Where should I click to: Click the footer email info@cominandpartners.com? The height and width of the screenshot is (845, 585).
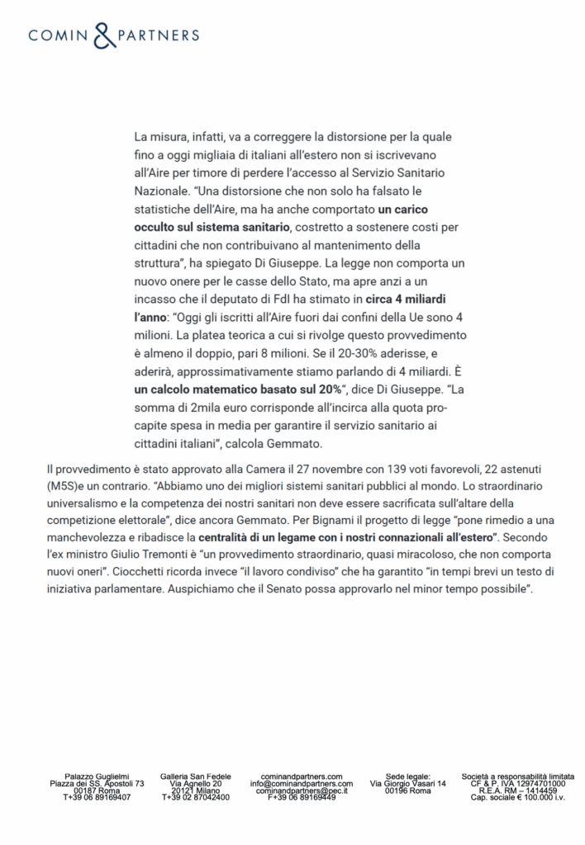302,783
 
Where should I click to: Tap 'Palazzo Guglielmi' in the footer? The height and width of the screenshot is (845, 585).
97,777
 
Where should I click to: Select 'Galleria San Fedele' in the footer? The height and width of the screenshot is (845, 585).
196,777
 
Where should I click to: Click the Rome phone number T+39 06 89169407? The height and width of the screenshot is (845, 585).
97,797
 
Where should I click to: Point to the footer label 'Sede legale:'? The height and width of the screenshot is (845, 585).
408,777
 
